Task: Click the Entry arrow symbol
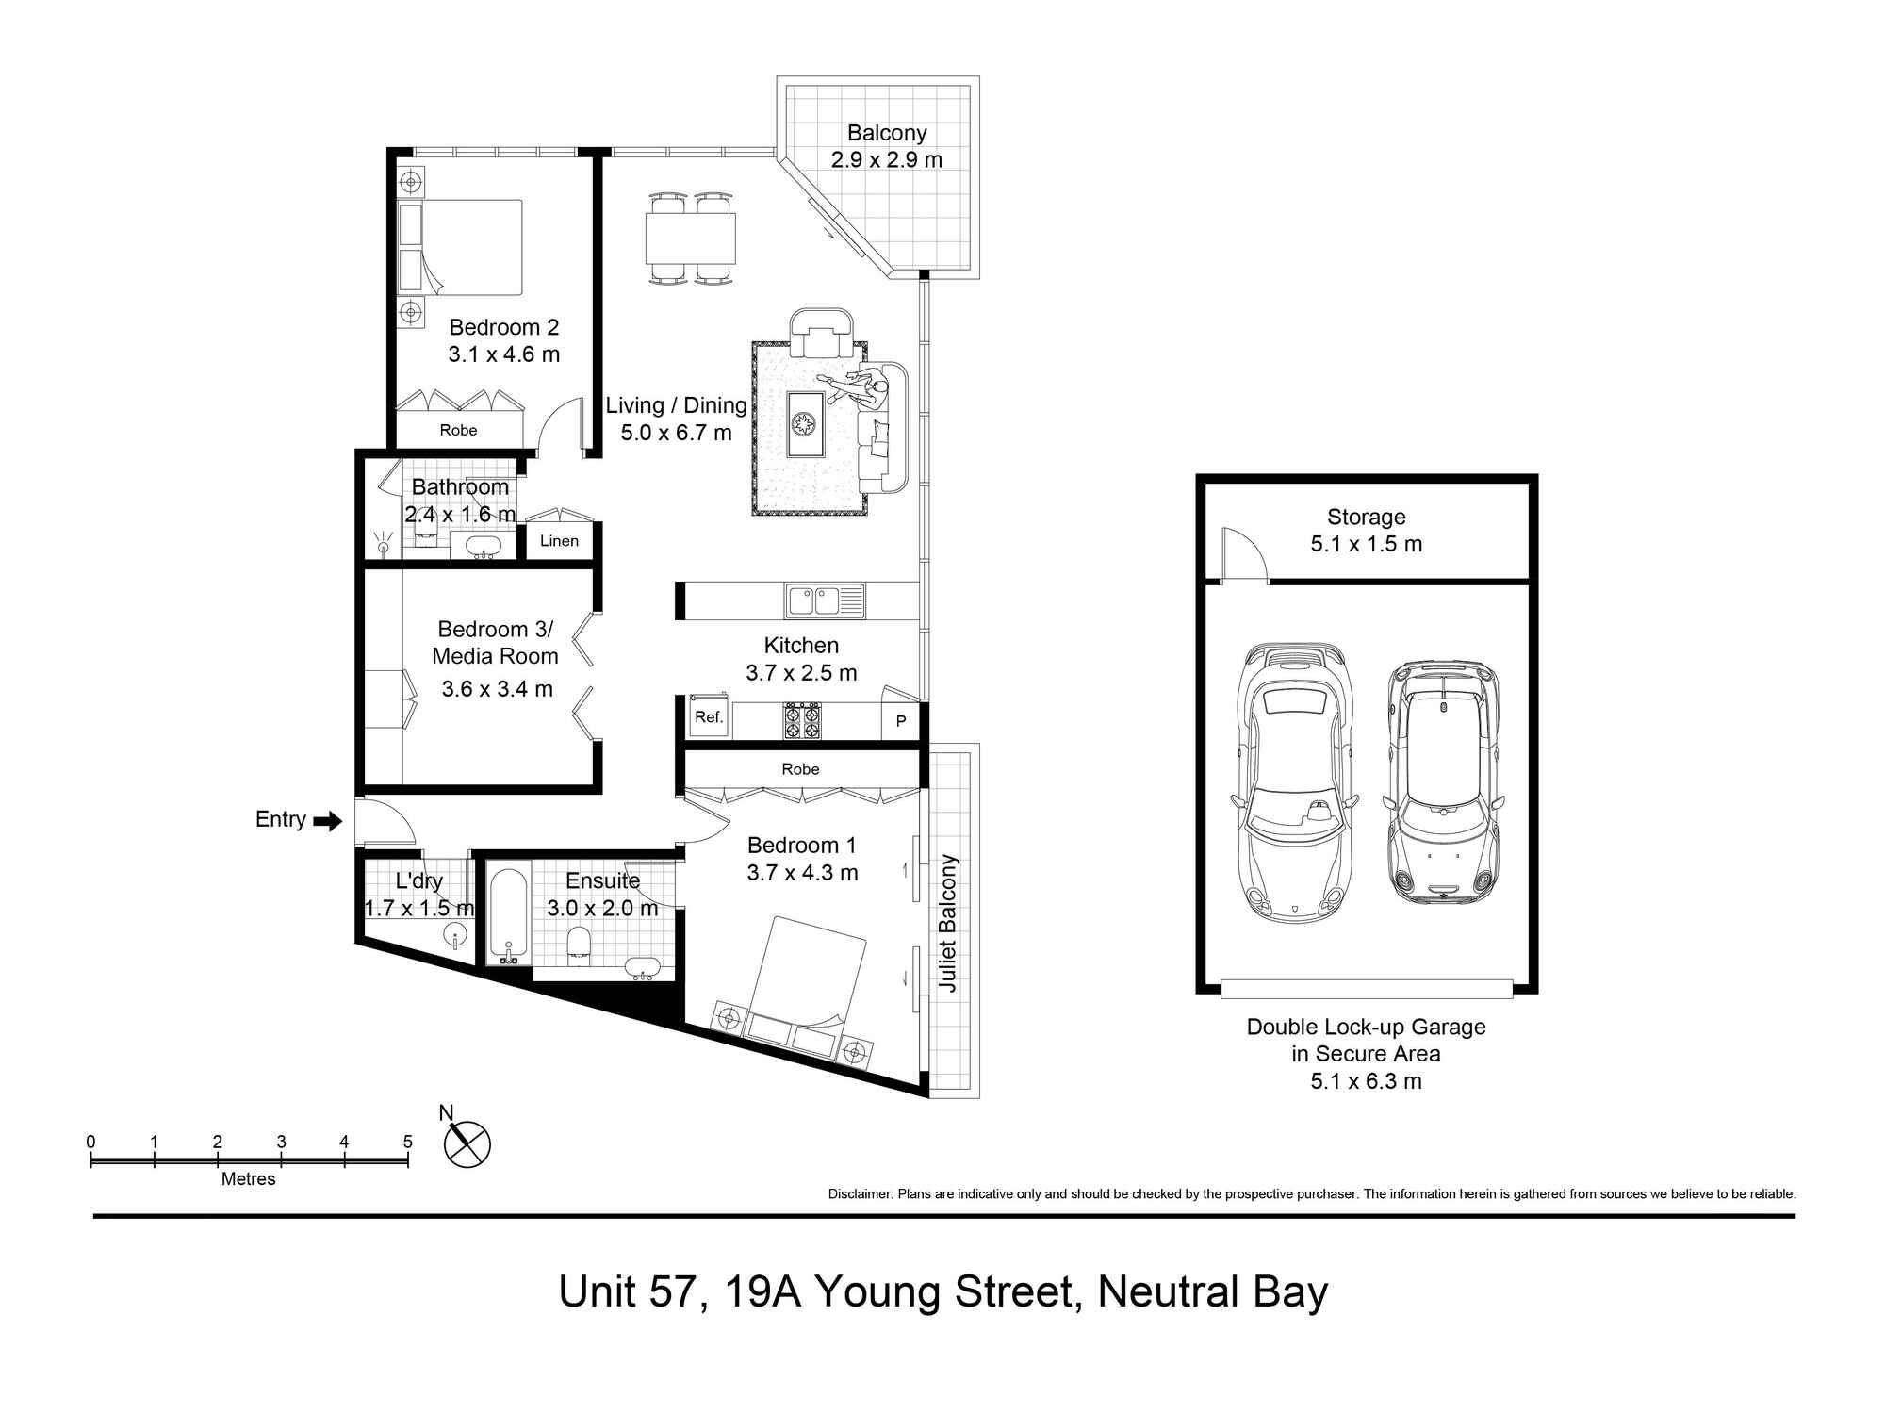point(327,821)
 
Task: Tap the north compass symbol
point(467,1143)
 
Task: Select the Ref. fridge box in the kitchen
point(708,716)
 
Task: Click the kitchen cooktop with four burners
point(802,720)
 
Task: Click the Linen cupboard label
point(559,541)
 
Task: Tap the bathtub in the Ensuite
point(509,914)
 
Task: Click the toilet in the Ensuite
point(578,945)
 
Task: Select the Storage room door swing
point(1243,553)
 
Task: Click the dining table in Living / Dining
point(690,238)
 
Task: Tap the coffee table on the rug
point(806,423)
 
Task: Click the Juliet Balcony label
point(948,924)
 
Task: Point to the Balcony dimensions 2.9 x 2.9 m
point(886,160)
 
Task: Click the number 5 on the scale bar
point(407,1142)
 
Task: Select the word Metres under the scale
point(248,1179)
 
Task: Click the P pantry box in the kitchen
point(900,721)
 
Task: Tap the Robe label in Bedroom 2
point(458,431)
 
